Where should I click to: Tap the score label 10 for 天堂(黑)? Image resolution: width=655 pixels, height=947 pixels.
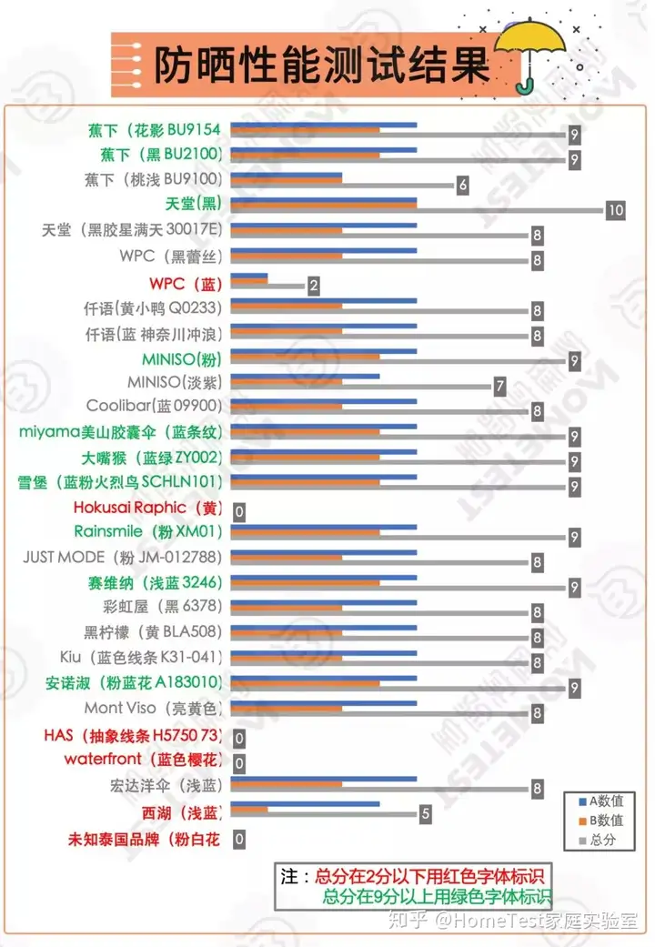click(x=616, y=210)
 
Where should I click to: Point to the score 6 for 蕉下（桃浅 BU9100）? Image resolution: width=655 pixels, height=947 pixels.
click(x=462, y=185)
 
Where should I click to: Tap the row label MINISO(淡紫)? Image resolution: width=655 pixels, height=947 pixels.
click(x=174, y=382)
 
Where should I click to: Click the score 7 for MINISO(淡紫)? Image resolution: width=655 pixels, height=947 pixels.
click(x=499, y=387)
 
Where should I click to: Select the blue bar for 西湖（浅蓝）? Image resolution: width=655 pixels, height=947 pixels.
click(x=305, y=803)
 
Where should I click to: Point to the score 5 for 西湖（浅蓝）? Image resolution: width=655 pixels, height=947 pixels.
click(x=425, y=814)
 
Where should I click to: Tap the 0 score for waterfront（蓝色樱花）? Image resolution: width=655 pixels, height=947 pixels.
click(x=239, y=763)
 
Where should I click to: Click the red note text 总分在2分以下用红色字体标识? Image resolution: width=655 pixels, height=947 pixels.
click(x=428, y=877)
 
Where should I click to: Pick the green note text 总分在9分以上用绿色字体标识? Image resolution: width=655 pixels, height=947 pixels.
click(x=437, y=896)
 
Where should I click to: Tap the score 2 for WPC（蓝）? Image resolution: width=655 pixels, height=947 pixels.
click(x=313, y=286)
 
